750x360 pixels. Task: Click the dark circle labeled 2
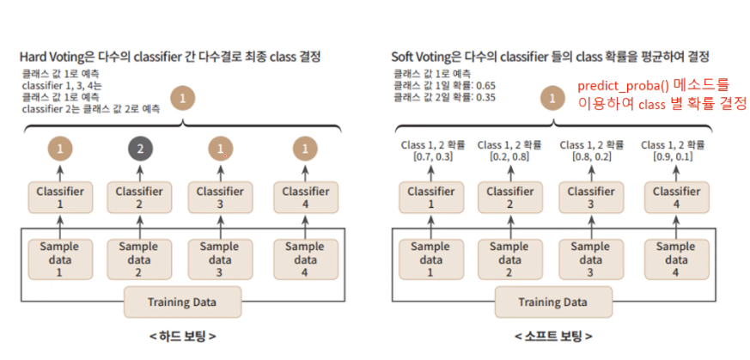(139, 150)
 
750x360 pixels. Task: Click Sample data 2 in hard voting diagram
(139, 259)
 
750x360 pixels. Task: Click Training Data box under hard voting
(181, 302)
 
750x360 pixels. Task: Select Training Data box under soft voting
(552, 302)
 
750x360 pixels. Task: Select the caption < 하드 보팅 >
(182, 336)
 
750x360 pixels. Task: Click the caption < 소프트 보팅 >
(552, 336)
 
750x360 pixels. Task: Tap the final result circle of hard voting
(181, 98)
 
